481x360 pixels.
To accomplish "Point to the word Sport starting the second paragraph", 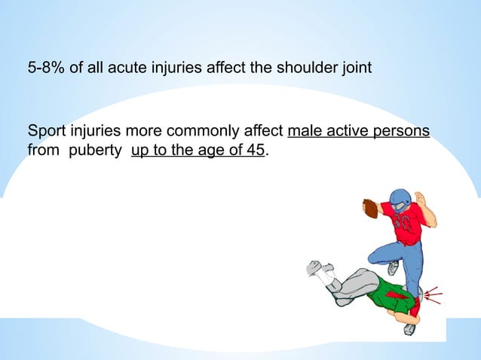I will pyautogui.click(x=44, y=132).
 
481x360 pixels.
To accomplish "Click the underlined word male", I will pyautogui.click(x=305, y=132).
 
